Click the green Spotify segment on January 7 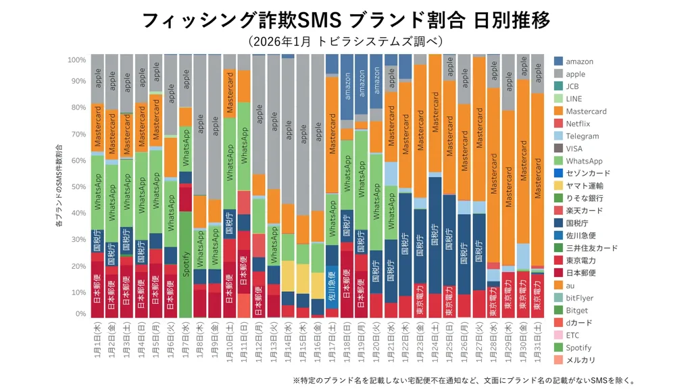(186, 264)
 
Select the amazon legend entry (579, 61)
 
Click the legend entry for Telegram (582, 136)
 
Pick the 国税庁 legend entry (578, 223)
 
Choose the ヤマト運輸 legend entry (585, 186)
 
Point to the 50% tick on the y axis (78, 187)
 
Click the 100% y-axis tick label (76, 60)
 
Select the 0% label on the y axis (80, 314)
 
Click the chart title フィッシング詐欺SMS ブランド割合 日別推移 (345, 20)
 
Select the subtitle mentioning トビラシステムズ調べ (345, 42)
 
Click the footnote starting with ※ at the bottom (464, 380)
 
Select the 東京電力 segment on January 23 (420, 300)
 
